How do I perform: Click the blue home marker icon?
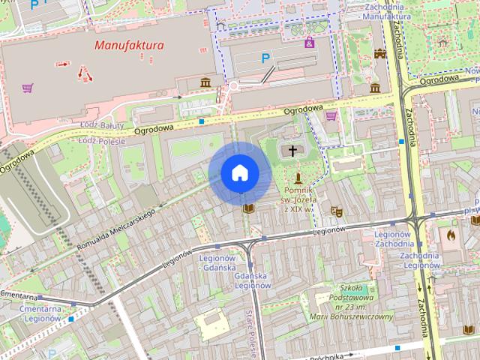click(x=239, y=173)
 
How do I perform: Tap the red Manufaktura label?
click(x=129, y=46)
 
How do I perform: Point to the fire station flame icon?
click(x=451, y=235)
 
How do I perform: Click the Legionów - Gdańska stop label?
click(x=218, y=262)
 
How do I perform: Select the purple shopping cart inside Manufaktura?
click(x=28, y=88)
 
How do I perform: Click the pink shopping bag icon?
click(x=310, y=43)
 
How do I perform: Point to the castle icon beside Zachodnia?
click(x=379, y=54)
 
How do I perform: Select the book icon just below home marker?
click(x=248, y=207)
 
